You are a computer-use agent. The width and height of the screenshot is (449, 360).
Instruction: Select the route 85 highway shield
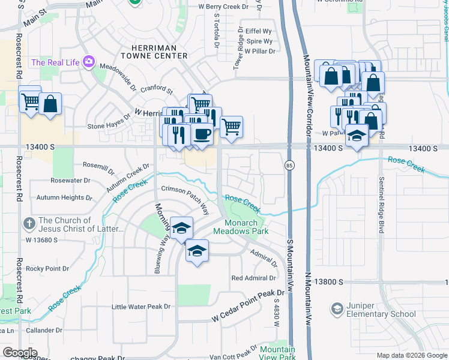click(290, 164)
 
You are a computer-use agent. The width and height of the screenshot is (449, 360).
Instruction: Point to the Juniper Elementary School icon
click(337, 310)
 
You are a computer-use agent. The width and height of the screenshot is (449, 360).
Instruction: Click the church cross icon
click(28, 224)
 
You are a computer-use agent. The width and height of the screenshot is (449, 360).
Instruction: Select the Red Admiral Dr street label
click(253, 278)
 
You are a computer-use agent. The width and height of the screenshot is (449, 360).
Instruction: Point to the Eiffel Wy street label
click(259, 31)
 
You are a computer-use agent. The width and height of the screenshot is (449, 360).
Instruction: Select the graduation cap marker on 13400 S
click(357, 136)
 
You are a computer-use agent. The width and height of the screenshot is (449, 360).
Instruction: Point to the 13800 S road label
click(327, 281)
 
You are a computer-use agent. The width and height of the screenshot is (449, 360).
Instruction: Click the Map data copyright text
click(411, 355)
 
